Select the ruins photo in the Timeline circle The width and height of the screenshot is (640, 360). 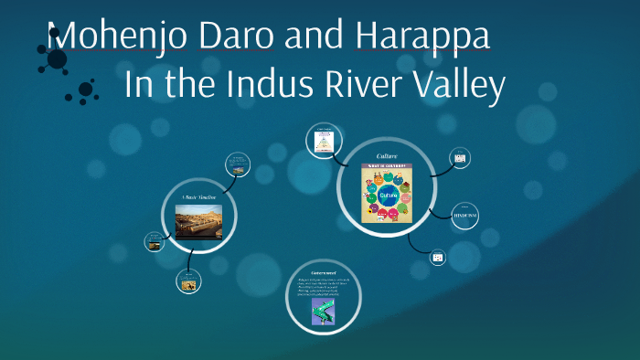click(198, 220)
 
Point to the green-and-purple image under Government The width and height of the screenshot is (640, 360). click(322, 312)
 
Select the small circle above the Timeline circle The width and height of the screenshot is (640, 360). click(238, 165)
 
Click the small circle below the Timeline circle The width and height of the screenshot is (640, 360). click(190, 282)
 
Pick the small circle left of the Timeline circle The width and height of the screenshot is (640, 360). click(154, 242)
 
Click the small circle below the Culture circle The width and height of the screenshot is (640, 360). click(438, 259)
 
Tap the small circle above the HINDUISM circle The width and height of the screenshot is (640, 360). click(460, 159)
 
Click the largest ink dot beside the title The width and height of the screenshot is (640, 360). click(57, 59)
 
